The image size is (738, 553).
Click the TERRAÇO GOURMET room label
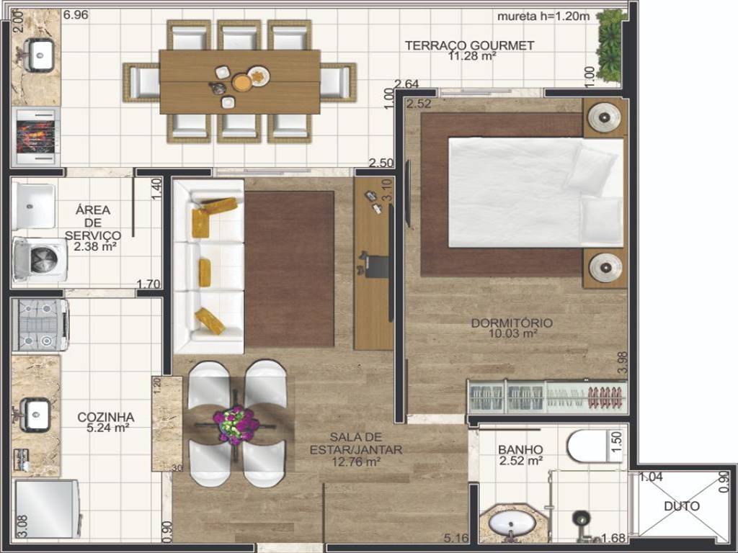point(469,45)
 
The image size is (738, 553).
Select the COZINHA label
point(106,417)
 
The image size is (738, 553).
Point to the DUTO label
point(682,506)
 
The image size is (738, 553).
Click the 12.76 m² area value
point(356,462)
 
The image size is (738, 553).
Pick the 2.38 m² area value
point(95,246)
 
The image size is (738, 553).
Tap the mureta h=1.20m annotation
point(543,17)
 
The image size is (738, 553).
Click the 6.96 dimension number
point(76,14)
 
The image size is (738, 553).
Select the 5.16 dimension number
point(455,537)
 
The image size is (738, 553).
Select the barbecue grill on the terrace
point(36,136)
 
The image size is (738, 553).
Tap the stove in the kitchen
point(40,325)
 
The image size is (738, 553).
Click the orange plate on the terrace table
point(242,84)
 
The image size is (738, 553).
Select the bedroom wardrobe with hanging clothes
point(548,397)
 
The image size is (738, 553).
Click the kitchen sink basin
point(37,414)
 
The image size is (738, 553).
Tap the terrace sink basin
point(39,55)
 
